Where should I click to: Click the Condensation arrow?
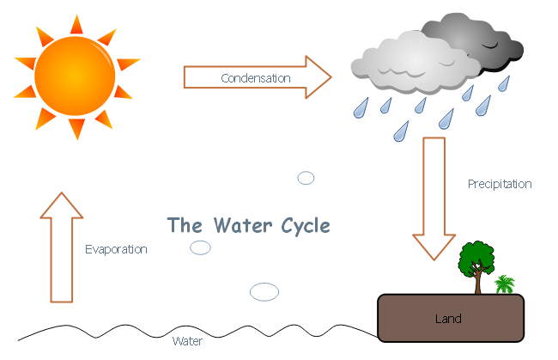pyautogui.click(x=258, y=77)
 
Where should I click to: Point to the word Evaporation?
pyautogui.click(x=116, y=250)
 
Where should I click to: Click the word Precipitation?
pyautogui.click(x=500, y=184)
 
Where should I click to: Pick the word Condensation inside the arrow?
pyautogui.click(x=256, y=78)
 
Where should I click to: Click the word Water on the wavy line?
pyautogui.click(x=187, y=341)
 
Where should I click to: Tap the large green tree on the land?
pyautogui.click(x=476, y=257)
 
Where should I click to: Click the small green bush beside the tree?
pyautogui.click(x=505, y=284)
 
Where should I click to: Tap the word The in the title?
pyautogui.click(x=184, y=226)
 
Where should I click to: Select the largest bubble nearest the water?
pyautogui.click(x=264, y=291)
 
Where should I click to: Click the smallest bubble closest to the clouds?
pyautogui.click(x=306, y=178)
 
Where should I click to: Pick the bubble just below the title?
pyautogui.click(x=200, y=247)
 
